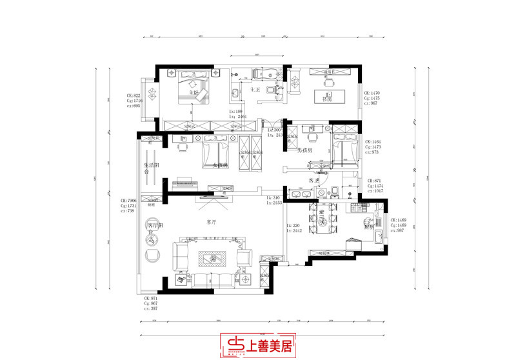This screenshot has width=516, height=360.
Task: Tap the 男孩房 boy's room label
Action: pyautogui.click(x=305, y=150)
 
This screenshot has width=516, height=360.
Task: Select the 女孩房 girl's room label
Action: pyautogui.click(x=221, y=166)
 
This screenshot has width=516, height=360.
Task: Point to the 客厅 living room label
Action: pyautogui.click(x=211, y=222)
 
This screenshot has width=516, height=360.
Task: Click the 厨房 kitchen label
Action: pyautogui.click(x=369, y=227)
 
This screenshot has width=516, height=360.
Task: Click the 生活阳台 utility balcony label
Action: pyautogui.click(x=148, y=169)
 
